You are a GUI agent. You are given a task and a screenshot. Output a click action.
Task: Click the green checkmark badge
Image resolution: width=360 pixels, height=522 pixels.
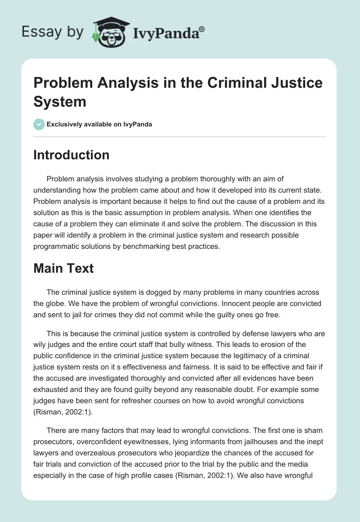(x=39, y=124)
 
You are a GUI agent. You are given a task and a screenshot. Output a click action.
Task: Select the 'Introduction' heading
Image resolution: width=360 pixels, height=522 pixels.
(x=71, y=155)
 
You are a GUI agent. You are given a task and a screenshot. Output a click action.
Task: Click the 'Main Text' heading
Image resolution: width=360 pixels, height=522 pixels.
(x=63, y=269)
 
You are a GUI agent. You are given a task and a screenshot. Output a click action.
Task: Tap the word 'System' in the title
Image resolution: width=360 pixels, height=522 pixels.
(x=60, y=101)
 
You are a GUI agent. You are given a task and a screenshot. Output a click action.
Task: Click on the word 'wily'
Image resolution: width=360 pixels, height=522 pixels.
(x=41, y=345)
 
